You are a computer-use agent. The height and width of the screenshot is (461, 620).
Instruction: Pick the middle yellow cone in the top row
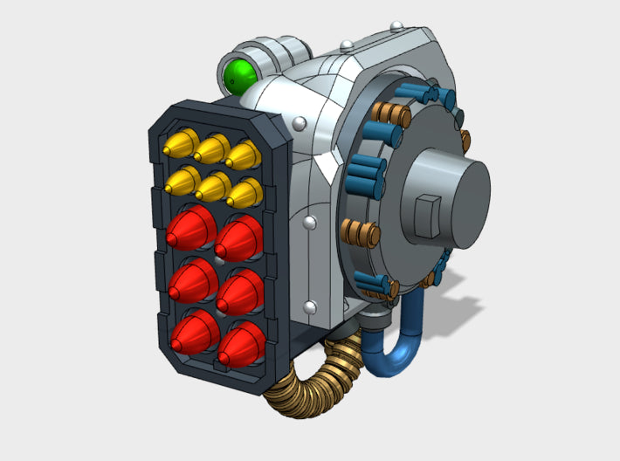[212, 148]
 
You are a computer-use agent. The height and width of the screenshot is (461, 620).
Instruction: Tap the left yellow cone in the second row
[183, 181]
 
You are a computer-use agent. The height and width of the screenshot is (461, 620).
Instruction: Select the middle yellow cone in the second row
[214, 187]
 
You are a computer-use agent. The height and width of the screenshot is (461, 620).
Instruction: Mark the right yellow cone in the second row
[245, 193]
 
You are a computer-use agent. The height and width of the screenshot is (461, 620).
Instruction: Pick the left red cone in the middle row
[193, 279]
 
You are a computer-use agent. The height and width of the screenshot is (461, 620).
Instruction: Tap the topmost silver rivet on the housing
[347, 45]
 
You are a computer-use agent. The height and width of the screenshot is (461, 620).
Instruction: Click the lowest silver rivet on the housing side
[310, 306]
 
